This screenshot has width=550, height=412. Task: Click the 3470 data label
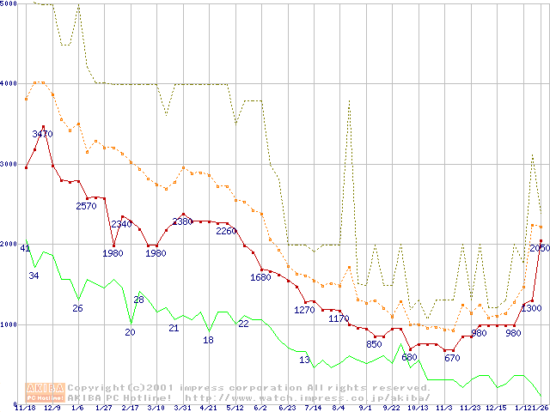click(x=43, y=134)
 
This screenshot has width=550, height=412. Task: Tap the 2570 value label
click(x=87, y=206)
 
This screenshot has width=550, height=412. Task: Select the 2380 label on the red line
click(x=182, y=221)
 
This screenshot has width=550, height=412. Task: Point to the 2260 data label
click(x=226, y=231)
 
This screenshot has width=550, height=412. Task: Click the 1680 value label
click(x=260, y=277)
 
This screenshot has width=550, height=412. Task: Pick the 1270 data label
click(x=304, y=310)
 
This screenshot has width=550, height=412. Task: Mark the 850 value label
click(x=375, y=344)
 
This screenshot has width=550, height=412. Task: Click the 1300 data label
click(x=531, y=308)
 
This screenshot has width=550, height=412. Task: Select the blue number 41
click(x=25, y=249)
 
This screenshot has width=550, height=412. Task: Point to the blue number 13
click(x=304, y=360)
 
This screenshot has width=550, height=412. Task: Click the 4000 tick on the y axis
click(x=9, y=84)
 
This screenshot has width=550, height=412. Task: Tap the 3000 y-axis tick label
click(x=9, y=164)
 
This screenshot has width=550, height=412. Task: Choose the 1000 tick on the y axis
click(x=9, y=324)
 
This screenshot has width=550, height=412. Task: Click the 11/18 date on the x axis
click(x=26, y=408)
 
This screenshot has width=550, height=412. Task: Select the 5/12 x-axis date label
click(x=235, y=408)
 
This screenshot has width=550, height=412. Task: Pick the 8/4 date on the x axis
click(x=339, y=408)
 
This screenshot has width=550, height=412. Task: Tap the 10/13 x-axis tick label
click(x=418, y=408)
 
